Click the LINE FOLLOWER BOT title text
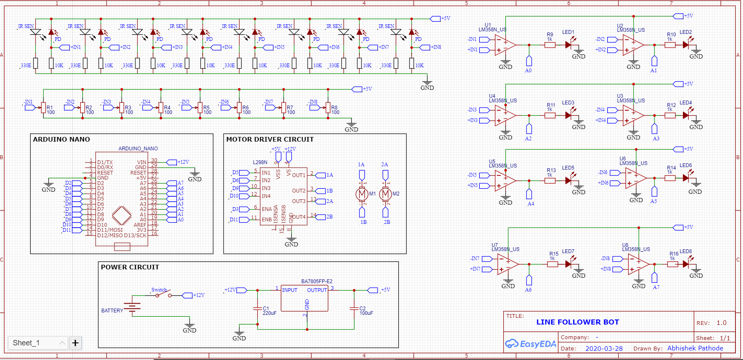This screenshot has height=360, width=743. [x=578, y=322]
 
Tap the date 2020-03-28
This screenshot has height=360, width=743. [x=604, y=348]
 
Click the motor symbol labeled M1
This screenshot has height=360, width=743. [x=362, y=194]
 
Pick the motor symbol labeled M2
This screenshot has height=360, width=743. [x=385, y=194]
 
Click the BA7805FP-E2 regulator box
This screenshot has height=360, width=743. [x=304, y=299]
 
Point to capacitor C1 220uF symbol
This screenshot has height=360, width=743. [x=257, y=309]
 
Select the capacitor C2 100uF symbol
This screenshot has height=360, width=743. [x=354, y=309]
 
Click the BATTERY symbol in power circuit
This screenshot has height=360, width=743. [x=132, y=308]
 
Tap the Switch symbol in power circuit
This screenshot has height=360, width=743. [x=163, y=295]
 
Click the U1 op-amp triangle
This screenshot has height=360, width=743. [x=504, y=45]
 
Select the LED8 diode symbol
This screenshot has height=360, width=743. [x=686, y=264]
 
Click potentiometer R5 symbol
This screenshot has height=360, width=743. [x=200, y=108]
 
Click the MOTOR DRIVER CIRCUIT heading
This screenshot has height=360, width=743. [x=270, y=139]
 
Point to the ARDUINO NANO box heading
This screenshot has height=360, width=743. [x=61, y=139]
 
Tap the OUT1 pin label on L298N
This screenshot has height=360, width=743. [x=298, y=175]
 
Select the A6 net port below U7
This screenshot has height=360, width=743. [x=529, y=280]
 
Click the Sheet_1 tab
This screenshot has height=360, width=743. [x=26, y=343]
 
